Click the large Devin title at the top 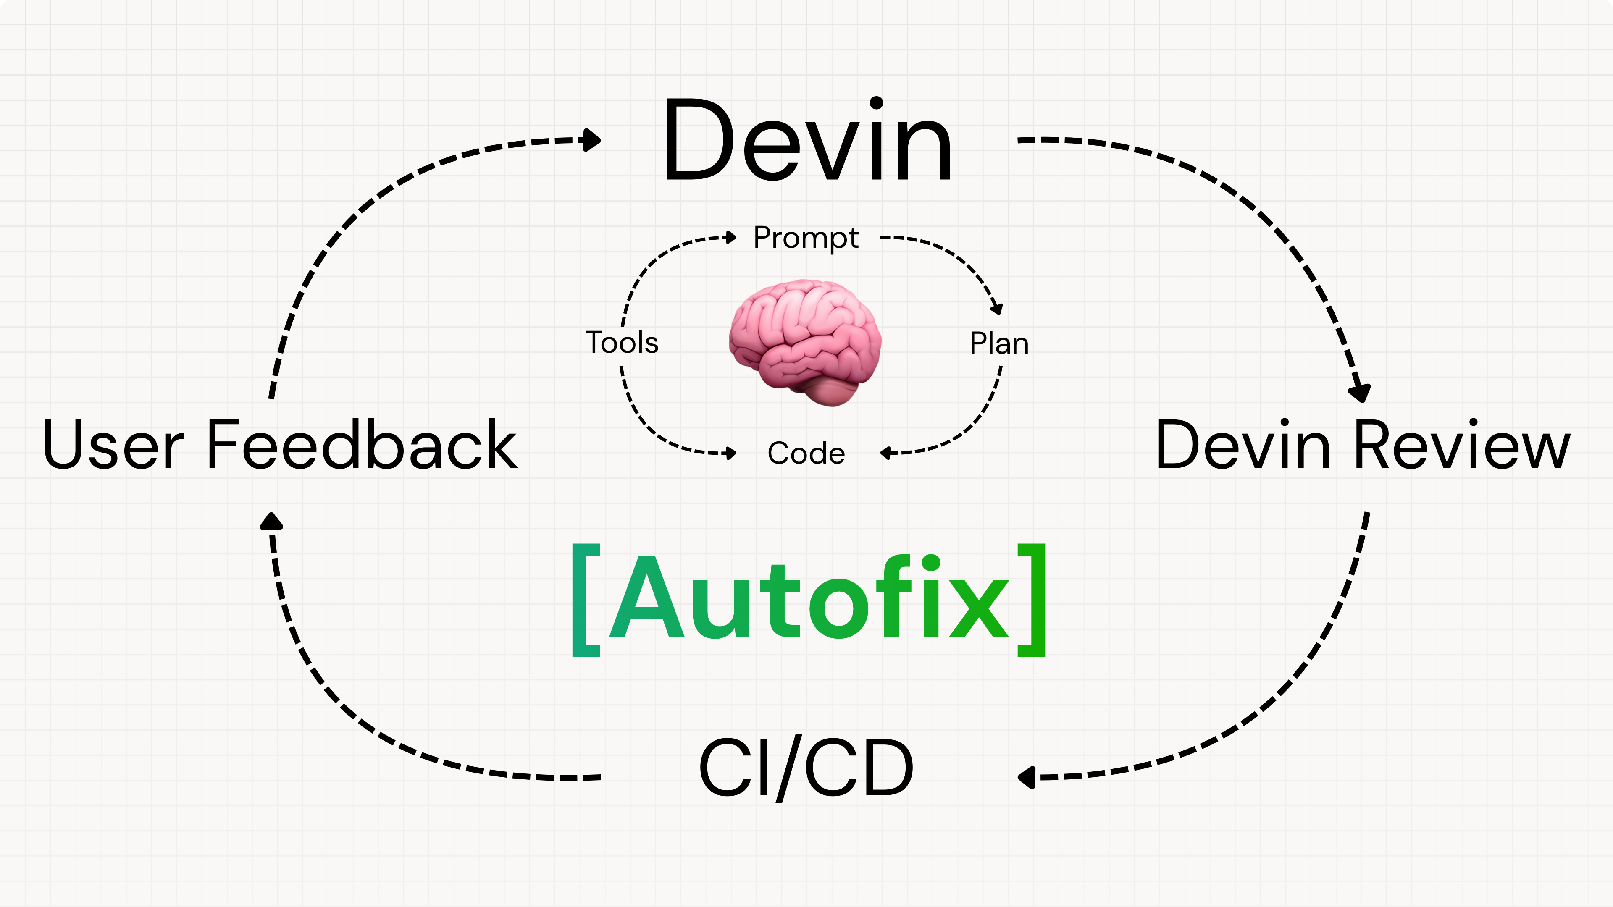coord(808,141)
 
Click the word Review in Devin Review coord(1463,445)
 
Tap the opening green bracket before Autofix coord(586,600)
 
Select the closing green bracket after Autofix coord(1031,600)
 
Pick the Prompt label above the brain coord(806,238)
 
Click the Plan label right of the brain coord(999,343)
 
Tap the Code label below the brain coord(806,453)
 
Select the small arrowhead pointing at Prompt coord(730,237)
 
